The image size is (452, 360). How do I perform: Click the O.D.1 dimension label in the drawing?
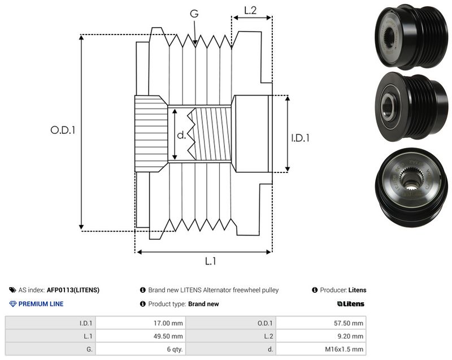63,130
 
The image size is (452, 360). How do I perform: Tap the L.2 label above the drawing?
250,10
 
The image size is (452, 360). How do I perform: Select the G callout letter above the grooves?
194,13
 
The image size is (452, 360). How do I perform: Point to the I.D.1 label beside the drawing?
300,138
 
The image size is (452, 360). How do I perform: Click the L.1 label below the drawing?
210,261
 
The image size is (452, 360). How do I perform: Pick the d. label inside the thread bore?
181,135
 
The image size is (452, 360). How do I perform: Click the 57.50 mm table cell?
349,323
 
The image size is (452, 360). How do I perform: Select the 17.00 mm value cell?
168,323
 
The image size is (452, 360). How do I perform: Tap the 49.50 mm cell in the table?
168,336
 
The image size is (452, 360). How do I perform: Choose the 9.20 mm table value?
350,336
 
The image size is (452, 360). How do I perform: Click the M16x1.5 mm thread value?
344,349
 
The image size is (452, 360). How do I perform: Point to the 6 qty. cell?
175,349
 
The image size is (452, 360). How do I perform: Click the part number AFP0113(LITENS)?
73,290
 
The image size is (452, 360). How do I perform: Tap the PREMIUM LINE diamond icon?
13,304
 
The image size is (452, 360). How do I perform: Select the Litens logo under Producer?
350,304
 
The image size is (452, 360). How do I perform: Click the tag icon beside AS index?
12,290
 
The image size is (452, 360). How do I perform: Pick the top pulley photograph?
411,36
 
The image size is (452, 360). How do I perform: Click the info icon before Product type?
143,304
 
